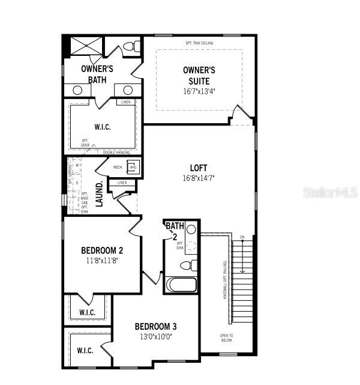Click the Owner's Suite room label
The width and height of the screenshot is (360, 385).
[x=199, y=75]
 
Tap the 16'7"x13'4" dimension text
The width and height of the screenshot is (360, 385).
[x=199, y=92]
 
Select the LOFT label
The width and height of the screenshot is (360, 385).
[x=199, y=168]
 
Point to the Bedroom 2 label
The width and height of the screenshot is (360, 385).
[x=102, y=250]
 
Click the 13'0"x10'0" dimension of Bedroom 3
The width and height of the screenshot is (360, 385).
[x=155, y=338]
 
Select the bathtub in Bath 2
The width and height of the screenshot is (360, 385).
[x=182, y=284]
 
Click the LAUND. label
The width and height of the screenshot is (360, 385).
[x=100, y=193]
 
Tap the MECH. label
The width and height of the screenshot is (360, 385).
[x=118, y=167]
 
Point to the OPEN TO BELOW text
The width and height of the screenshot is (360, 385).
[x=226, y=338]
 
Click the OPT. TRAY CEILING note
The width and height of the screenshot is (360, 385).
[x=200, y=43]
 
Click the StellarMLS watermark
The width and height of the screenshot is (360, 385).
[x=330, y=193]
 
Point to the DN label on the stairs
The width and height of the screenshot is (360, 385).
[x=242, y=237]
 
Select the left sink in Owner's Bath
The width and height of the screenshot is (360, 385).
[x=77, y=90]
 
